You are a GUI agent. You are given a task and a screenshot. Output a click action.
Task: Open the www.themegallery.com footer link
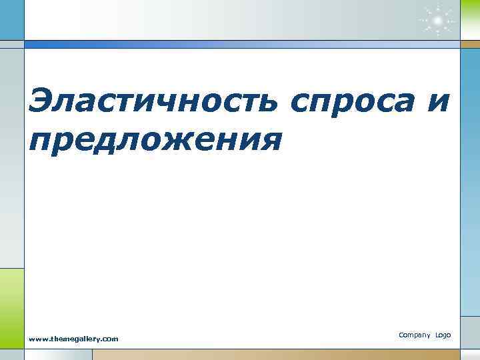[x=73, y=339]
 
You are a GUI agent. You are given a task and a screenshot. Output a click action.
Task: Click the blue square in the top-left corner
[x=11, y=20]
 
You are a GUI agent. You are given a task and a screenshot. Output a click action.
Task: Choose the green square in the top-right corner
[x=469, y=20]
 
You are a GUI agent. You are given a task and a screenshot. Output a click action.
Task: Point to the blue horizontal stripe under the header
[x=240, y=45]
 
